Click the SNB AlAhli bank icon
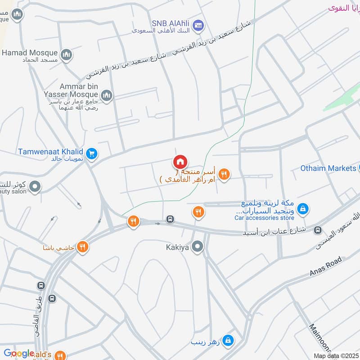(x=197, y=26)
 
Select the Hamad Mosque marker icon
(x=67, y=55)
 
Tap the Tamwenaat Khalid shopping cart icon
(x=92, y=154)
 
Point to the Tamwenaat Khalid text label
(x=50, y=152)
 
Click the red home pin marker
(x=180, y=162)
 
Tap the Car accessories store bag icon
(x=303, y=208)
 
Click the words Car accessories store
(x=264, y=218)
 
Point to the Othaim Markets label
(x=328, y=168)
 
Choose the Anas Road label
(x=326, y=267)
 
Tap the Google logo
(x=19, y=353)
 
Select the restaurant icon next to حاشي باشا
(x=82, y=247)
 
